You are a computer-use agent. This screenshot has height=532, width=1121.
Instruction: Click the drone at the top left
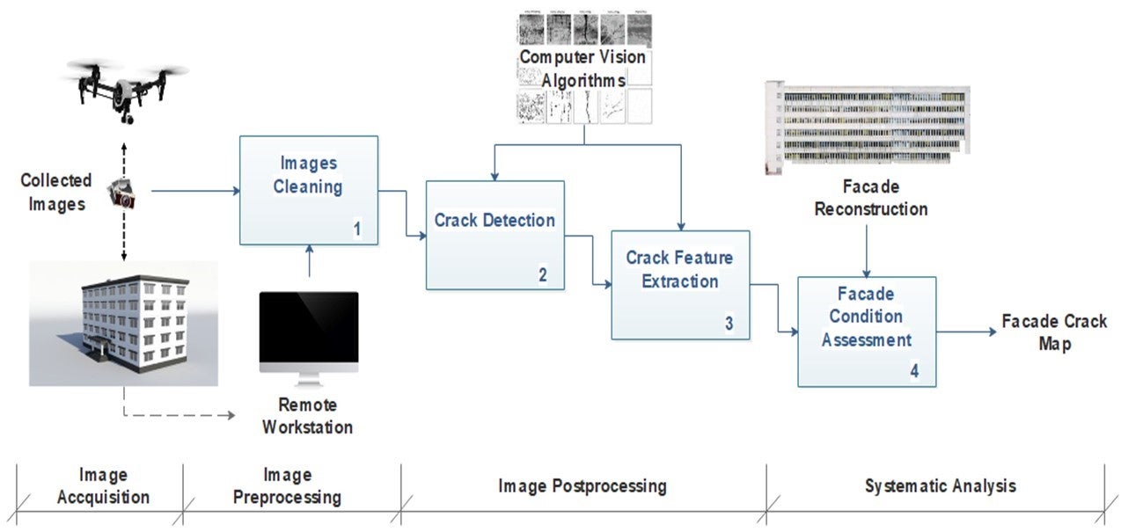pyautogui.click(x=125, y=88)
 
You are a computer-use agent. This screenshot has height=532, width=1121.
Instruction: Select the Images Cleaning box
pyautogui.click(x=308, y=189)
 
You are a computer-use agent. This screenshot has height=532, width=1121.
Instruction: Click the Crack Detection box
pyautogui.click(x=495, y=235)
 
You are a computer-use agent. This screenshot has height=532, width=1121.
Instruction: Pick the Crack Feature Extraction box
pyautogui.click(x=679, y=284)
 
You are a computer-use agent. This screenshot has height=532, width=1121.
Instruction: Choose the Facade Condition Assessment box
pyautogui.click(x=866, y=331)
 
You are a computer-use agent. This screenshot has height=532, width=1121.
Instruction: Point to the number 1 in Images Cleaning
pyautogui.click(x=357, y=229)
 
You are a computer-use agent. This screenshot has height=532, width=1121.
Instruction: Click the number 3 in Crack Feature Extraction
pyautogui.click(x=729, y=324)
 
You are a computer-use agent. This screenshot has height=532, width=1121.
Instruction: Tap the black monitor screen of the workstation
pyautogui.click(x=309, y=332)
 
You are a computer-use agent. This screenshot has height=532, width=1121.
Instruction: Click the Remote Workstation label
pyautogui.click(x=308, y=417)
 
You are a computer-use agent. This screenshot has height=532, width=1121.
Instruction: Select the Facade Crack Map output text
pyautogui.click(x=1053, y=332)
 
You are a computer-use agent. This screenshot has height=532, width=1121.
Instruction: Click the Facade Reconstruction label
pyautogui.click(x=870, y=198)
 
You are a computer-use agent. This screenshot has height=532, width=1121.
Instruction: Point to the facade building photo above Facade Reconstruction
pyautogui.click(x=868, y=126)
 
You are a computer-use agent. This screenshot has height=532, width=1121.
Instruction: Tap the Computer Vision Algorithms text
pyautogui.click(x=582, y=69)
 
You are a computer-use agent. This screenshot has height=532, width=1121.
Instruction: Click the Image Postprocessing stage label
pyautogui.click(x=582, y=485)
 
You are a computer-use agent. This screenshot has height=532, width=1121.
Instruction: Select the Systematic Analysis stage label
pyautogui.click(x=940, y=485)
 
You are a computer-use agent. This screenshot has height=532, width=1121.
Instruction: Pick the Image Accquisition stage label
pyautogui.click(x=103, y=485)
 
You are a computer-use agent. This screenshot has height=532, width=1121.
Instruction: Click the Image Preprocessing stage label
pyautogui.click(x=287, y=485)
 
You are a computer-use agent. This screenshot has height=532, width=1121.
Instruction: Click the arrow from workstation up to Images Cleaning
pyautogui.click(x=309, y=262)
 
